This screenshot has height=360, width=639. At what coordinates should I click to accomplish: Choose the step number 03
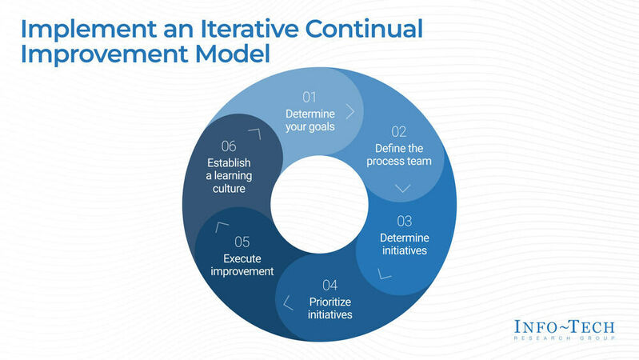coord(405,220)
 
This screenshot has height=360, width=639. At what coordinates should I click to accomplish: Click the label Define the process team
coord(401,154)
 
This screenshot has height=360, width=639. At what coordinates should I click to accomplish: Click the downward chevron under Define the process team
coord(402,188)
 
